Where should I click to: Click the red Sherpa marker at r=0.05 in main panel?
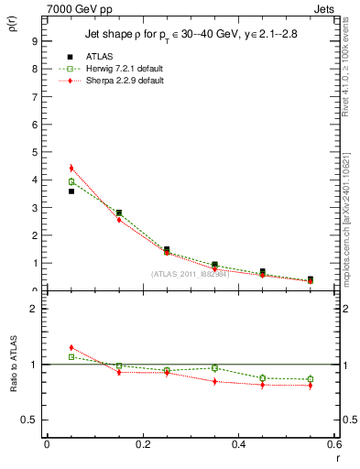tap(71, 169)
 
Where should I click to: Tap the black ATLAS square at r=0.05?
tap(71, 191)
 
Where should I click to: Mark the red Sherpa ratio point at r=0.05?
tap(71, 348)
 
